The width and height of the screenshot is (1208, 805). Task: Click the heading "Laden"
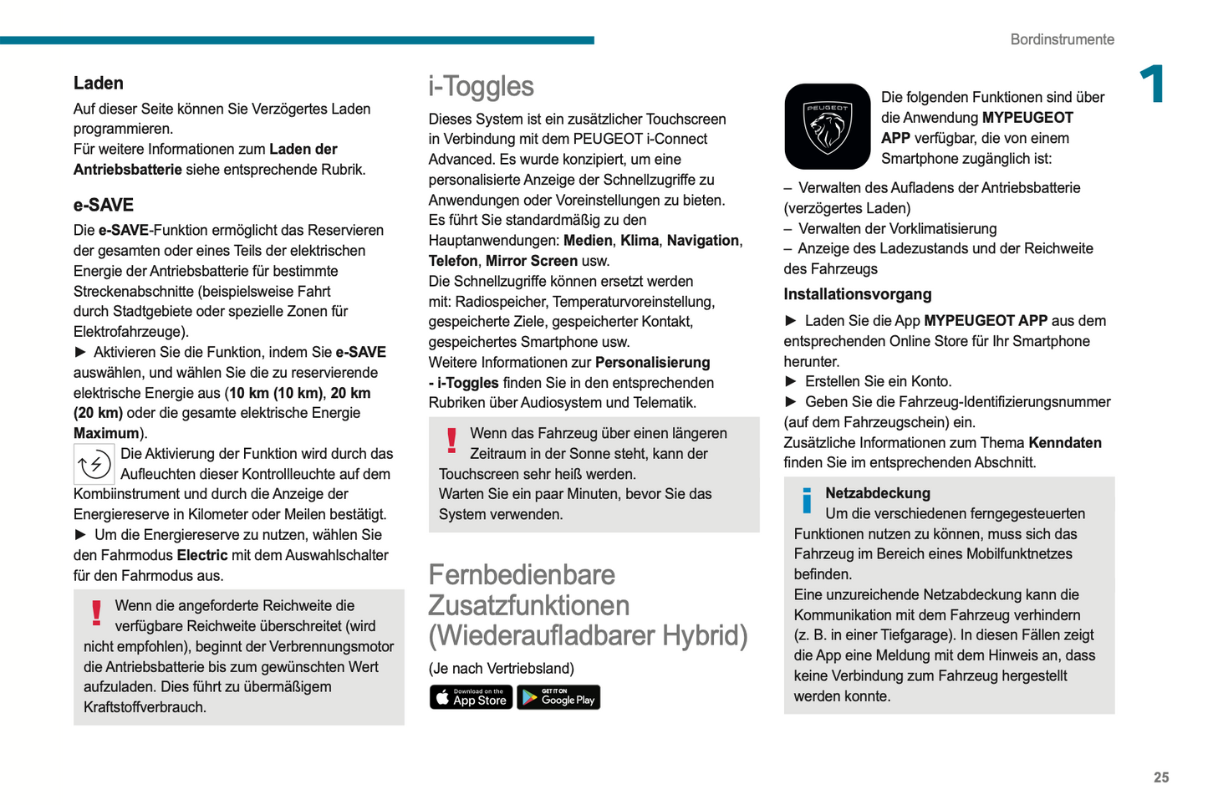pos(99,84)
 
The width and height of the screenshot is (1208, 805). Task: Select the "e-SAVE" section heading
pos(104,206)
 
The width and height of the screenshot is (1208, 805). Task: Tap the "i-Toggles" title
pos(481,87)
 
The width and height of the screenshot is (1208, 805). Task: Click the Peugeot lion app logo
pos(827,126)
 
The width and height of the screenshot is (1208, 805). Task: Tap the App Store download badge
pos(471,697)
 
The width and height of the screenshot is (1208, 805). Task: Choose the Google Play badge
pos(558,697)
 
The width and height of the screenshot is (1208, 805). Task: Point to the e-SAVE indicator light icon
pos(94,464)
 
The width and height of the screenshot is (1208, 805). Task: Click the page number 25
pos(1161,777)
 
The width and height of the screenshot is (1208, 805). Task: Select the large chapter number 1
pos(1154,84)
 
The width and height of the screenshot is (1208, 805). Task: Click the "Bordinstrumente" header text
pos(1062,39)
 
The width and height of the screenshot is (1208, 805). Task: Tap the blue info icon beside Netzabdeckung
pos(807,501)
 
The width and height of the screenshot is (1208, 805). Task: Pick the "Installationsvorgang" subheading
pos(857,294)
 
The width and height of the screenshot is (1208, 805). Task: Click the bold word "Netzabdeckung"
pos(877,493)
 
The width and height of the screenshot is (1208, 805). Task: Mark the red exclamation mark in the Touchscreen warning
pos(452,441)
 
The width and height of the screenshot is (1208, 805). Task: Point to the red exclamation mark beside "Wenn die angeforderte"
pos(97,613)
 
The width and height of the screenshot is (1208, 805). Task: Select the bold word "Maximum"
pos(106,433)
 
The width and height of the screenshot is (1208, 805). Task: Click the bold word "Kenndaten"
pos(1064,443)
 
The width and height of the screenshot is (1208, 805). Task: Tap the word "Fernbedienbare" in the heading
pos(522,575)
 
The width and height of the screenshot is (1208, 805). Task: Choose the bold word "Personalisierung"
pos(652,363)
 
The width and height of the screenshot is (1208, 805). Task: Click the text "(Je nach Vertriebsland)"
pos(501,669)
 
